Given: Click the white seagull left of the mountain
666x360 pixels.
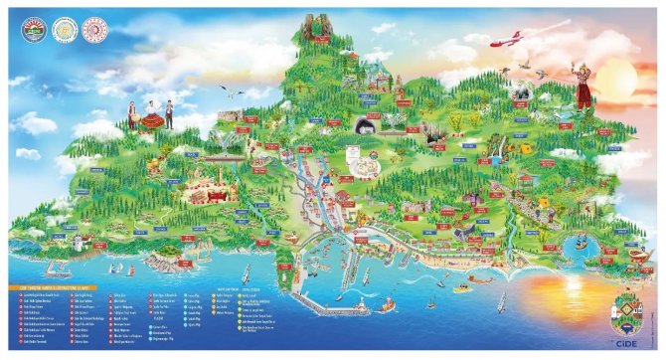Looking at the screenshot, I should [x=235, y=94].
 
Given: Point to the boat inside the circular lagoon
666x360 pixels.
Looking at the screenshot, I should [x=580, y=243].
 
